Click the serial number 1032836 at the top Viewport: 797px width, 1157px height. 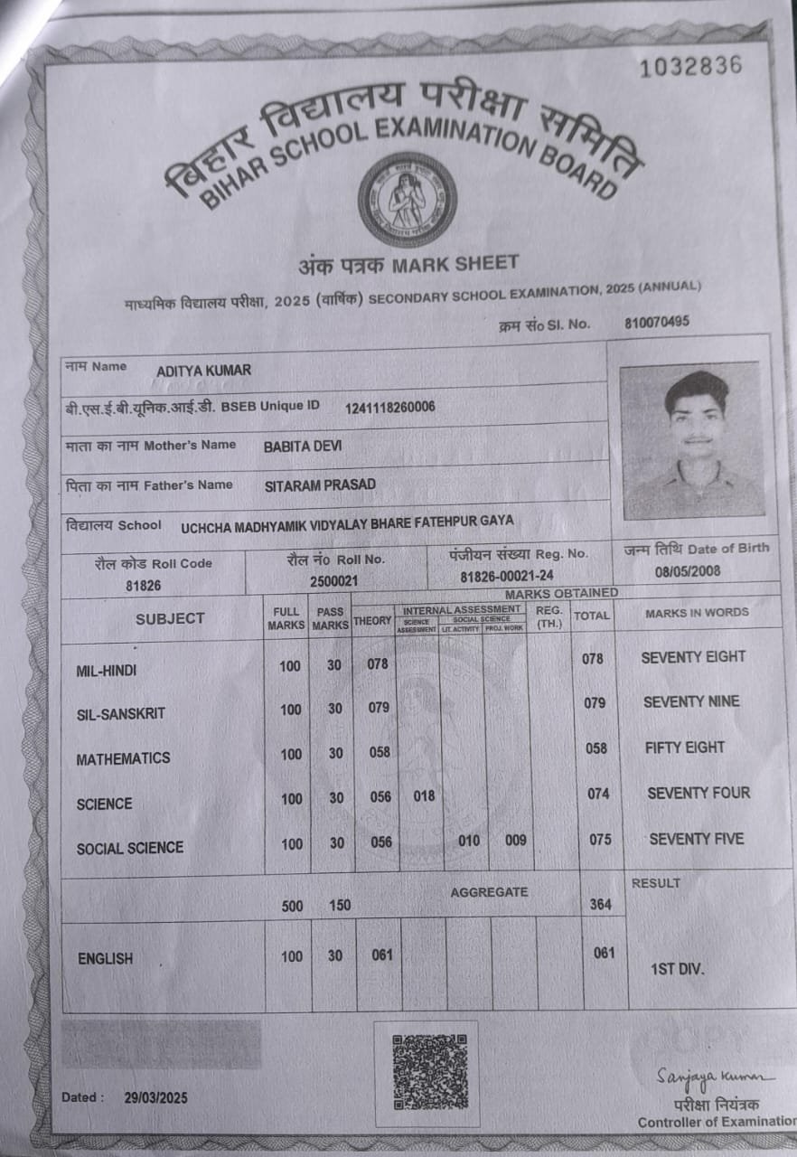[x=690, y=66]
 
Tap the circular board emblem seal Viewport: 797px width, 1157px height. [x=407, y=200]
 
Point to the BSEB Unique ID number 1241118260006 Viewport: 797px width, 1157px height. [x=389, y=407]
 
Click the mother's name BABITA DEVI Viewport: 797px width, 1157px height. [x=303, y=447]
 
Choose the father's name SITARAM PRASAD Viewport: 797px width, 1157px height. [x=320, y=485]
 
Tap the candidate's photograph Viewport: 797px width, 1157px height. [x=693, y=440]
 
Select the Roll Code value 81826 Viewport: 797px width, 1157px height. [x=143, y=586]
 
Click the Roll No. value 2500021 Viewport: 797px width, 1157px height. [x=333, y=582]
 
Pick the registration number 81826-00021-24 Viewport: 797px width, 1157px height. [x=507, y=577]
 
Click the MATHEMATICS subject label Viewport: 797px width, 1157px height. [x=123, y=758]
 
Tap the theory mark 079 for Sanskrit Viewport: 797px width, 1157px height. [x=379, y=708]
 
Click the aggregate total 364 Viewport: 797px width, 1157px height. [x=600, y=904]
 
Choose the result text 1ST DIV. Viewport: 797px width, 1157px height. [x=678, y=970]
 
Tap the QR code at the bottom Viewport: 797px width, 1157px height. [x=429, y=1072]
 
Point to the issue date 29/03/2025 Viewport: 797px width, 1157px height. [x=156, y=1097]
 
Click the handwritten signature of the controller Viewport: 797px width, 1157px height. [x=714, y=1077]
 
